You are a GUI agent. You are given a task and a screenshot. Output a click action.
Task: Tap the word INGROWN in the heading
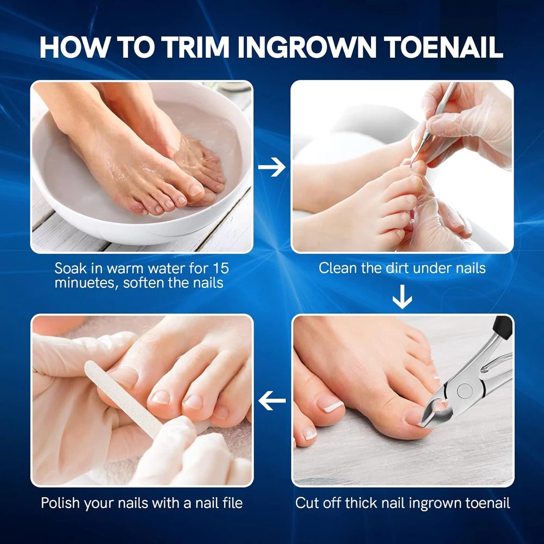(x=307, y=47)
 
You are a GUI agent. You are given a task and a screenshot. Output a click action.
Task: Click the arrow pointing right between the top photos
(x=271, y=167)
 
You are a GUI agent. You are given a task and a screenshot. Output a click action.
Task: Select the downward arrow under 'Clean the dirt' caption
(x=402, y=296)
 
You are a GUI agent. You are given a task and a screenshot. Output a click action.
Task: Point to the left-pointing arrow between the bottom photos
(x=272, y=401)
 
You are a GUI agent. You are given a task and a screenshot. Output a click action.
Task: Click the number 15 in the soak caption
(x=221, y=268)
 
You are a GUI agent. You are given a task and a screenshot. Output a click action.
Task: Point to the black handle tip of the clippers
(x=503, y=327)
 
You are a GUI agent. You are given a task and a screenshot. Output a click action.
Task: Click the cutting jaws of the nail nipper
(x=435, y=410)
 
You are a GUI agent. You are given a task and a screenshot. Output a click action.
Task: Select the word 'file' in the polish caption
(x=232, y=503)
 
